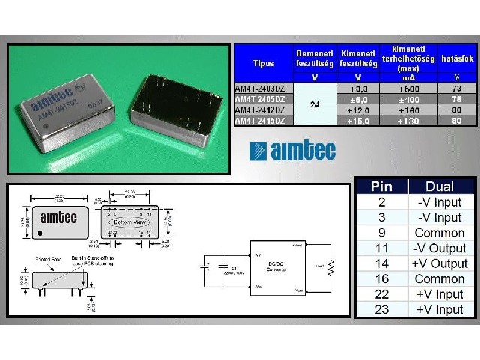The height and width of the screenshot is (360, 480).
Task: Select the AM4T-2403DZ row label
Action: (260, 88)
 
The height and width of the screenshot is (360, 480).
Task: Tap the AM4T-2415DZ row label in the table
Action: (260, 120)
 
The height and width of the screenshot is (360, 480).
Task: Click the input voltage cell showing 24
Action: (314, 104)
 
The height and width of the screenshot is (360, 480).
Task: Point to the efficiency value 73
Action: (457, 88)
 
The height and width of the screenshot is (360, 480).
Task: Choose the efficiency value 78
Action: (457, 99)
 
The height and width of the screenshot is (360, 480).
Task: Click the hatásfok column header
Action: (457, 58)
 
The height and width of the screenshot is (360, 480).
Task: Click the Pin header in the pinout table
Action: (381, 187)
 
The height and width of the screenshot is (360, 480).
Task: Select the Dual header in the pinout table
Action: (439, 187)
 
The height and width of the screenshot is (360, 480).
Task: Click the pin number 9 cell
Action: (381, 232)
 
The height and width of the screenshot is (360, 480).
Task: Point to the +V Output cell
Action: (439, 263)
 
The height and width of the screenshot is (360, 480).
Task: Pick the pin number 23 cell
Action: (381, 309)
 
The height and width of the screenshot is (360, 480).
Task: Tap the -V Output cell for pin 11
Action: (439, 247)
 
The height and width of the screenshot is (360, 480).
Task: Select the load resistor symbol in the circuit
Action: (330, 265)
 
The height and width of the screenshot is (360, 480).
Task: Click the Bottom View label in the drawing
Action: (130, 223)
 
